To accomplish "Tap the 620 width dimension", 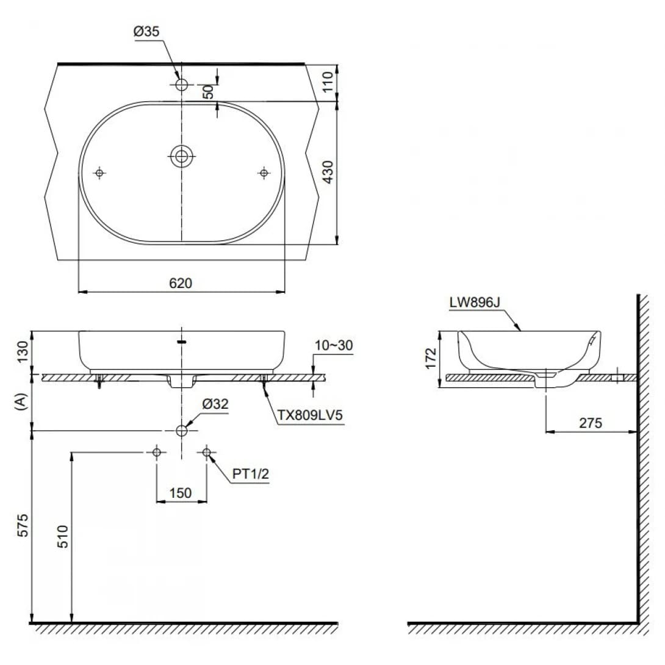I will click(181, 283).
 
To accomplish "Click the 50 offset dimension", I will click(208, 92).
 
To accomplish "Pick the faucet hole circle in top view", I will click(181, 85).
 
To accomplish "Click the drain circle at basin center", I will click(181, 156).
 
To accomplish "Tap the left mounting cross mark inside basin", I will click(99, 173).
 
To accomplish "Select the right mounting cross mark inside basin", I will click(264, 173).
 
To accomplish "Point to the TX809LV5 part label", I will click(311, 415).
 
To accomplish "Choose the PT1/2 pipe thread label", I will click(250, 475).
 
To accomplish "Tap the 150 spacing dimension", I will click(181, 492).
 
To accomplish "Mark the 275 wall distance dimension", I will click(590, 422).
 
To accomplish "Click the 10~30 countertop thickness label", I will click(333, 346).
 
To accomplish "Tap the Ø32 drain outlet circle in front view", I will click(181, 431).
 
